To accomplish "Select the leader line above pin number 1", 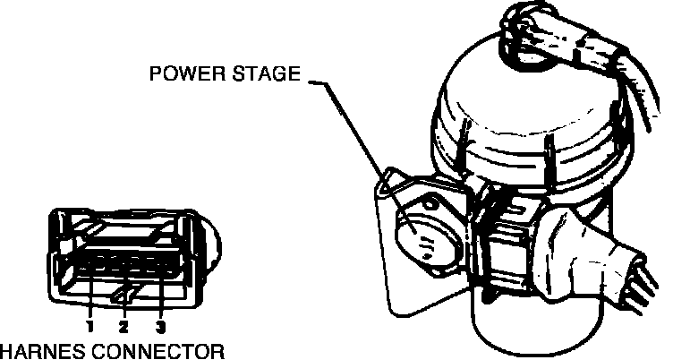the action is (x=90, y=296).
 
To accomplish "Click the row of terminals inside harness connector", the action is (x=125, y=265).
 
